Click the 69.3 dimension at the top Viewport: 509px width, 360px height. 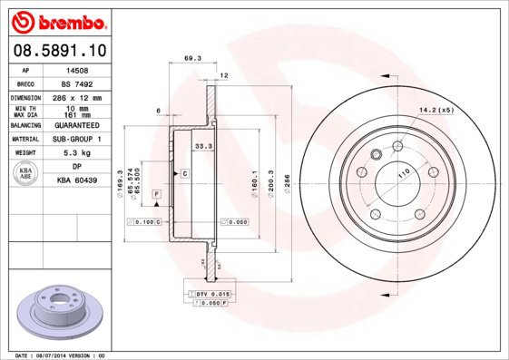[x=191, y=59]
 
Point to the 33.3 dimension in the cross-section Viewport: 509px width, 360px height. [x=203, y=145]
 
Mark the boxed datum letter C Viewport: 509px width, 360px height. [x=184, y=172]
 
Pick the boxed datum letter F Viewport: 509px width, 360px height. [x=156, y=195]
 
